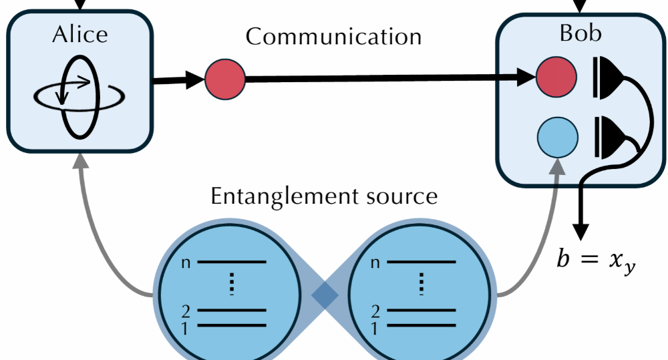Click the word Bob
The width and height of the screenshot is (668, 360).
pos(580,34)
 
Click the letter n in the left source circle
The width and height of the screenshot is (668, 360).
pos(186,262)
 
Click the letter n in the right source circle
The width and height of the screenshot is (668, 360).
pos(375,262)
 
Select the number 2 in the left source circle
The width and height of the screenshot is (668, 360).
pos(186,311)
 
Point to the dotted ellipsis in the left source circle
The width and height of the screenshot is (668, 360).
pos(232,284)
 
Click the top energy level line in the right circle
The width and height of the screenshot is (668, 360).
pos(421,262)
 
